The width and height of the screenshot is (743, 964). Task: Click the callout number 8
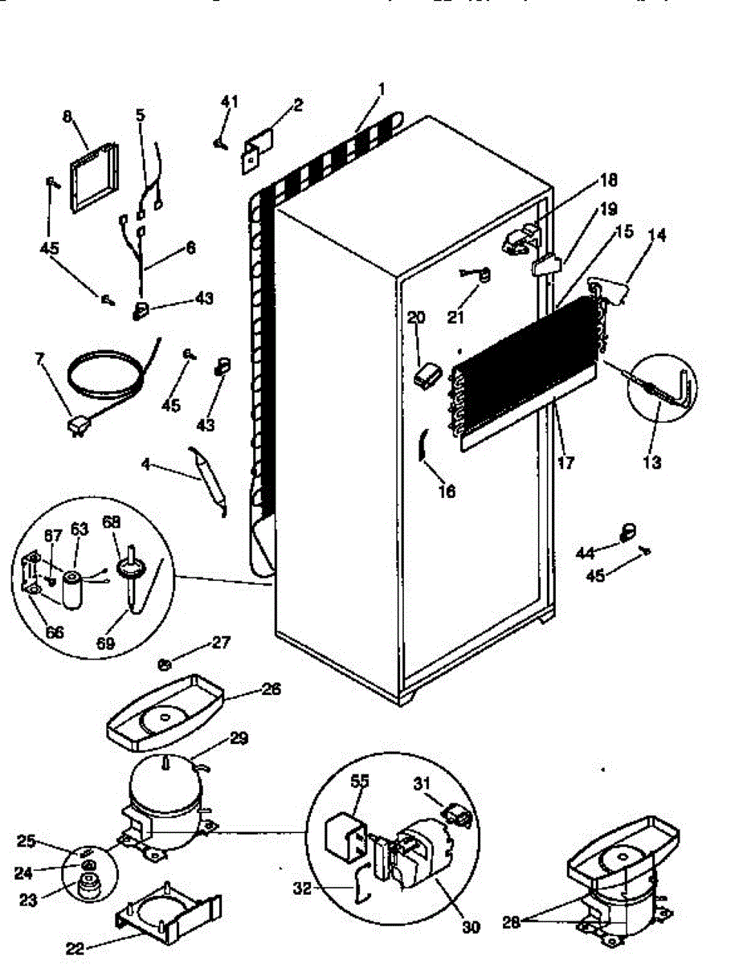point(67,116)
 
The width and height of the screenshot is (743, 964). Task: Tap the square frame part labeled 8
point(94,178)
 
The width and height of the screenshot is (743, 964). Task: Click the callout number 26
point(271,688)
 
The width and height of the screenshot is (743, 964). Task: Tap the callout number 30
point(471,927)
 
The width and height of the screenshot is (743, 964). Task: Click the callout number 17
point(567,464)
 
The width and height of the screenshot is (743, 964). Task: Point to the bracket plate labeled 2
point(256,147)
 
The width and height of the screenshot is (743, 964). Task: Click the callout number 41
point(230,101)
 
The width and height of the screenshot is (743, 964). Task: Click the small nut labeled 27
point(164,664)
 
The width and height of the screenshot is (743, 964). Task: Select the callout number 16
point(447,491)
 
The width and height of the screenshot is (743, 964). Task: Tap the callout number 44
point(586,553)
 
